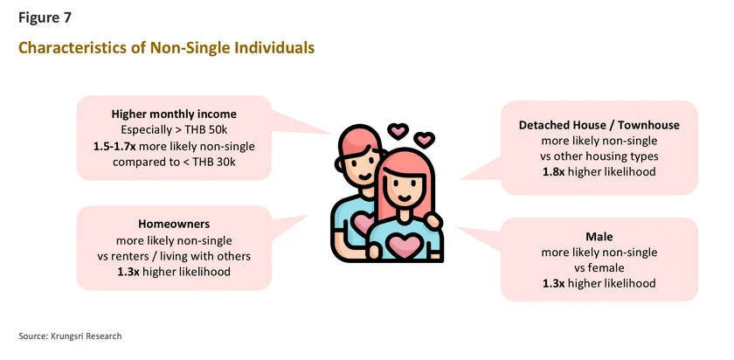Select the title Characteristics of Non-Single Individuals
[x=166, y=47]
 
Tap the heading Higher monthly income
[x=174, y=114]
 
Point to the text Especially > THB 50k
[x=174, y=129]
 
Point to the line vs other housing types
[x=599, y=156]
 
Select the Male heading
[x=599, y=236]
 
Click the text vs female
[x=599, y=268]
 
